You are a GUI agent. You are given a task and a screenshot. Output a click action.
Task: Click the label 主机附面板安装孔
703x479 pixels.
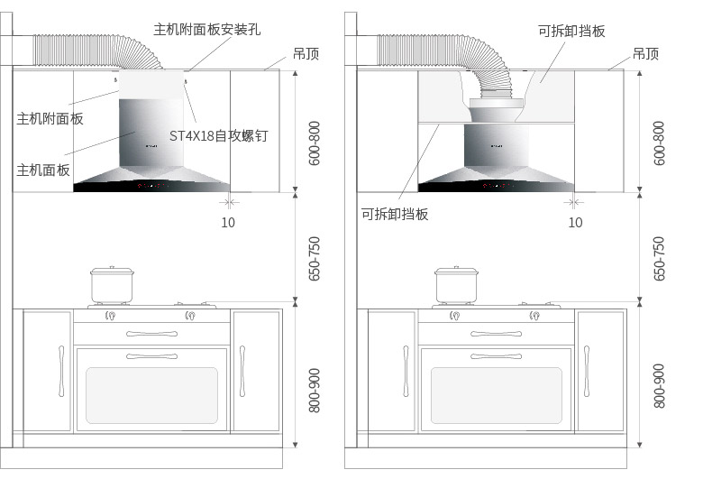tap(206, 30)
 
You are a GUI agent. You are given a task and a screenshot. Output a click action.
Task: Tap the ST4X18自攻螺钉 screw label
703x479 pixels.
tap(219, 135)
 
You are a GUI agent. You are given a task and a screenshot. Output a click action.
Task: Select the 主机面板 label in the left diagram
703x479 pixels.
tap(43, 170)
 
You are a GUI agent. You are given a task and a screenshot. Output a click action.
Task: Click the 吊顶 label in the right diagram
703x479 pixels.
tap(645, 54)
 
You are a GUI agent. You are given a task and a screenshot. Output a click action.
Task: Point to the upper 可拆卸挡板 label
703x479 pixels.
tap(571, 31)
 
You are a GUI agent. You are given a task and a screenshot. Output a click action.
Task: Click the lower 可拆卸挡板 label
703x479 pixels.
tap(395, 214)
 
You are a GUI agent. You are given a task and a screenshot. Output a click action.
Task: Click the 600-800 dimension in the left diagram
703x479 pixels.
tap(315, 143)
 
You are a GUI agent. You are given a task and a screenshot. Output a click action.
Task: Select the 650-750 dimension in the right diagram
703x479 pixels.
tap(659, 259)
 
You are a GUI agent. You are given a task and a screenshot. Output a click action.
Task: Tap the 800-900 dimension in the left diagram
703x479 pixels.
tap(315, 391)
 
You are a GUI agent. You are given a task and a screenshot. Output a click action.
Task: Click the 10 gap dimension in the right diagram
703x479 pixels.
tap(575, 222)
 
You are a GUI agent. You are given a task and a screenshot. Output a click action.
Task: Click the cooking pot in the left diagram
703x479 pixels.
tap(112, 285)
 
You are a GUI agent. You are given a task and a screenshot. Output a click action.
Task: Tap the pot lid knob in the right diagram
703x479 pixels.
tap(456, 268)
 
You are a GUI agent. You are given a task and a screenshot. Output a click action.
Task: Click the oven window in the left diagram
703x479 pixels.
tap(151, 395)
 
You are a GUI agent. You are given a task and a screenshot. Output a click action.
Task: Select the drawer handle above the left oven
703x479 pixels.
tap(151, 334)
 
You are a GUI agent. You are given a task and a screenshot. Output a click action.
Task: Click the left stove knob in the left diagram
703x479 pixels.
tap(110, 316)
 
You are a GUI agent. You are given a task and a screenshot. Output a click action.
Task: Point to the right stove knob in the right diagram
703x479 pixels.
tap(534, 316)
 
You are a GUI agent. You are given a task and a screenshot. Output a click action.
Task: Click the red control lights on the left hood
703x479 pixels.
tap(151, 186)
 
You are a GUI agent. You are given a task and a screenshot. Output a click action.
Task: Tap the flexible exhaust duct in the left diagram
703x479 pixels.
tap(97, 51)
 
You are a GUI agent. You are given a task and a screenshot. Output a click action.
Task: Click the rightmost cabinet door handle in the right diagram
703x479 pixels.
tap(587, 371)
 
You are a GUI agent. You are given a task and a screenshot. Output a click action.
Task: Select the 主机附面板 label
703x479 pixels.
tap(50, 118)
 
